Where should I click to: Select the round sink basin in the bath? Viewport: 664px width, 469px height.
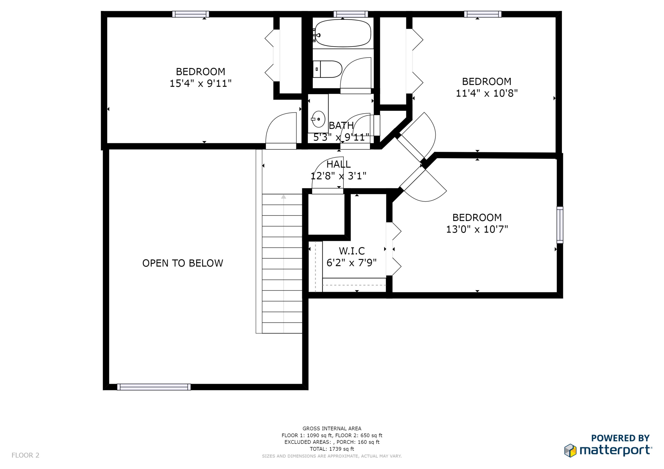pyautogui.click(x=318, y=119)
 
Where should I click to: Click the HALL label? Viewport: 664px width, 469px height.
pyautogui.click(x=338, y=164)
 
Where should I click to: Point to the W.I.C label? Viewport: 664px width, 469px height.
pyautogui.click(x=352, y=251)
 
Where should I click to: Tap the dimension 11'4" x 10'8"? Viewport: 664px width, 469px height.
pyautogui.click(x=486, y=93)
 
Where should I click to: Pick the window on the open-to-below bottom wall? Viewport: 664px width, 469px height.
pyautogui.click(x=154, y=387)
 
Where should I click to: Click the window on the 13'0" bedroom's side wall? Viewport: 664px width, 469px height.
pyautogui.click(x=560, y=225)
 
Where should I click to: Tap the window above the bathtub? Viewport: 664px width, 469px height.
pyautogui.click(x=351, y=14)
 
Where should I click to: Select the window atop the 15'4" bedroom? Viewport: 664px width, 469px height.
pyautogui.click(x=191, y=14)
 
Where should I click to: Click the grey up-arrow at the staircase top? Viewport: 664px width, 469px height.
pyautogui.click(x=283, y=197)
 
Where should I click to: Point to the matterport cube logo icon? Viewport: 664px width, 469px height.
pyautogui.click(x=570, y=450)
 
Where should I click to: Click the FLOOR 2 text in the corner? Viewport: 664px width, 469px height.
pyautogui.click(x=25, y=455)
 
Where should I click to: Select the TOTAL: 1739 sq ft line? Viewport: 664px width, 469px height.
pyautogui.click(x=332, y=449)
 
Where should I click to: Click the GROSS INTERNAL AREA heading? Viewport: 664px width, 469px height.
pyautogui.click(x=332, y=429)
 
